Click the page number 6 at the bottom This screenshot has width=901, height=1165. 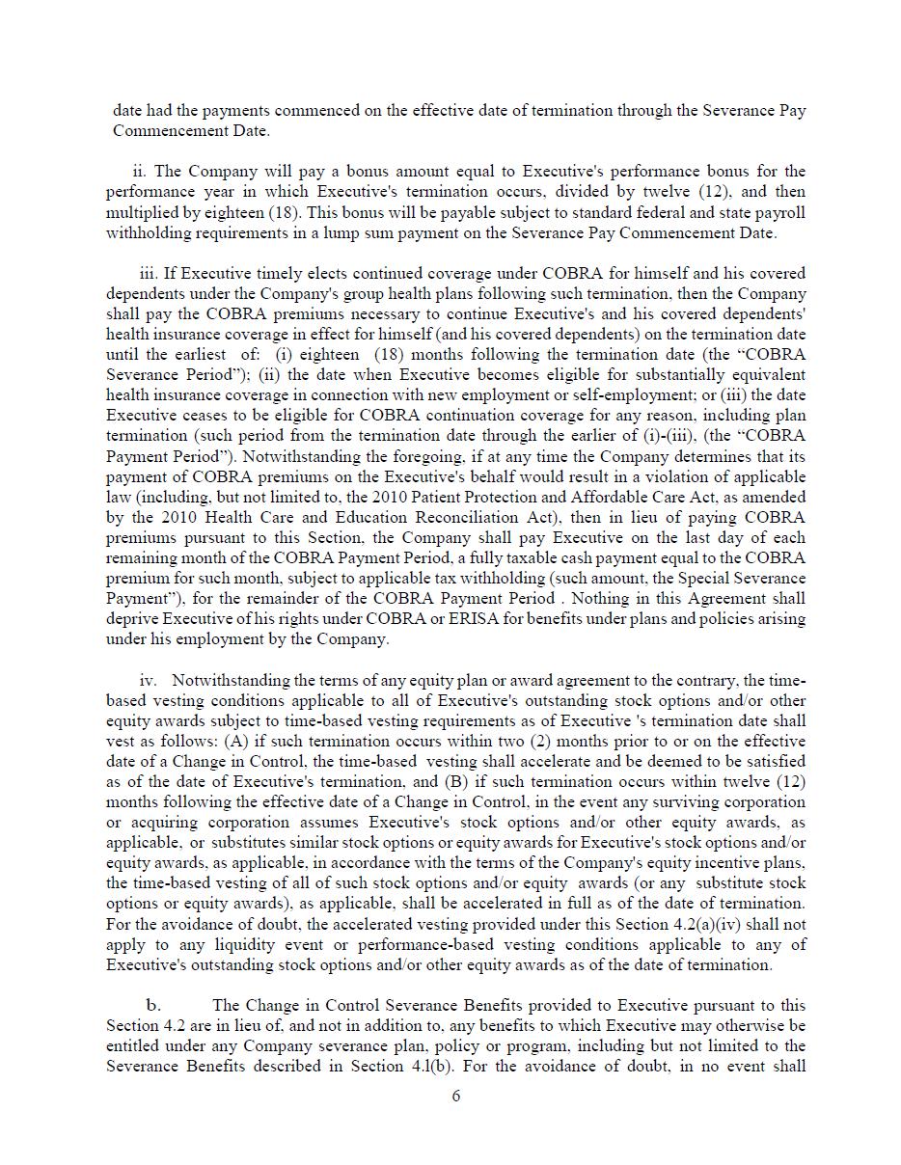(455, 1096)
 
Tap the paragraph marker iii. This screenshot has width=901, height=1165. (148, 273)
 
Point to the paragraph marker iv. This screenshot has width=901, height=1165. (148, 681)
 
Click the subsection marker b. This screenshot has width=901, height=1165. (153, 1005)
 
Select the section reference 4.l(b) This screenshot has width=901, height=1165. (493, 1066)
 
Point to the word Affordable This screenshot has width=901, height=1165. (614, 497)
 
